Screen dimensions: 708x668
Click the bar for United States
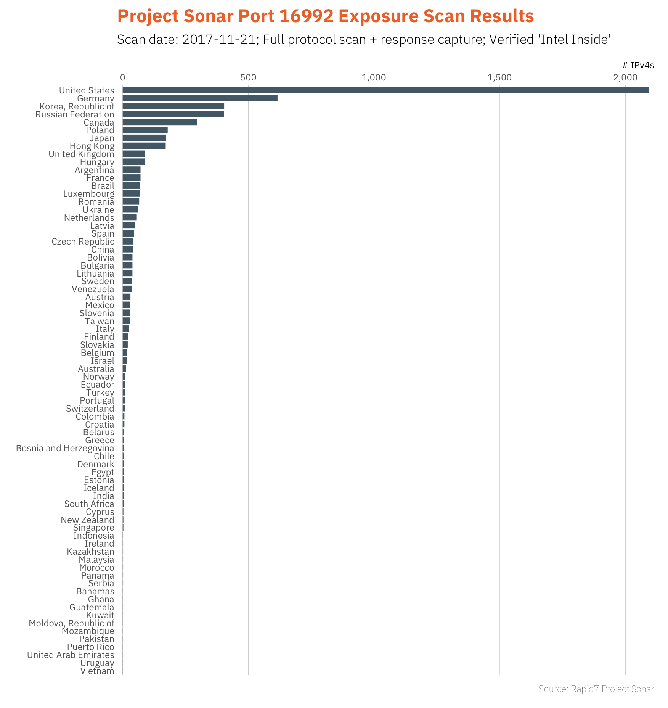click(385, 90)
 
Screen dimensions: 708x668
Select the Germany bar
click(200, 98)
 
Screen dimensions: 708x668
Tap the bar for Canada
click(160, 122)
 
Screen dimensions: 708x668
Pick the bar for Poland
click(145, 130)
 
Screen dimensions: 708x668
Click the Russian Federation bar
click(173, 114)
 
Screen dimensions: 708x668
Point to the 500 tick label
click(248, 77)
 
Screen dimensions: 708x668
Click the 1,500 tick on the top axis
click(499, 77)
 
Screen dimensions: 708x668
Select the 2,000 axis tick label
click(625, 77)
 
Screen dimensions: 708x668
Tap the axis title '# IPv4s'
click(638, 65)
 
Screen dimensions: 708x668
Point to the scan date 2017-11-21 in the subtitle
click(218, 40)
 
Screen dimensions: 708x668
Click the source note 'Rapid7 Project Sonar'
click(612, 689)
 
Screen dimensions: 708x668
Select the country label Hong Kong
click(92, 146)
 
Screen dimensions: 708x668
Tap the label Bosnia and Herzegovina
click(65, 448)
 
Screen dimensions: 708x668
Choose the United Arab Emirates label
click(71, 655)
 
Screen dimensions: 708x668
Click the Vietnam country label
click(97, 671)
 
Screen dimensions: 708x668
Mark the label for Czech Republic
click(83, 241)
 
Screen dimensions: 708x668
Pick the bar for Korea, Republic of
click(173, 106)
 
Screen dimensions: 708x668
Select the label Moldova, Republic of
click(71, 623)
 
